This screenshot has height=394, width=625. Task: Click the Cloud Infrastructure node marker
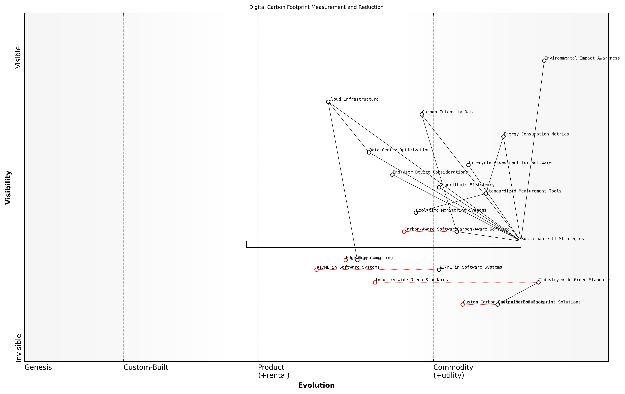(x=328, y=102)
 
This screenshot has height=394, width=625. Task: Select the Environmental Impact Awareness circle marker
(x=544, y=61)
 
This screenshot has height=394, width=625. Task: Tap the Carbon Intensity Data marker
(x=421, y=114)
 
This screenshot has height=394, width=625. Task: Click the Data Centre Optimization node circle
(x=369, y=152)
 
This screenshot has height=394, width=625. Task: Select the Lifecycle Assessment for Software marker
(x=468, y=165)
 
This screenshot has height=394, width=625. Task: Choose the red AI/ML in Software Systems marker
(x=316, y=270)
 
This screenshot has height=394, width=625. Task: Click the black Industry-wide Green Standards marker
(x=538, y=282)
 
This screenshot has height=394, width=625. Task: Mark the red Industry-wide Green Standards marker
(x=375, y=282)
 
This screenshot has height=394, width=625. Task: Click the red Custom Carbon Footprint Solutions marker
(x=463, y=304)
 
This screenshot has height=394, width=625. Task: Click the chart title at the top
(x=316, y=7)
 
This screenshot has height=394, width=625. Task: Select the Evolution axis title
(x=316, y=385)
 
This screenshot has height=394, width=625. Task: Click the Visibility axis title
(x=8, y=187)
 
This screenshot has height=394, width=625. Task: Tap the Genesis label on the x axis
(x=38, y=367)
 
